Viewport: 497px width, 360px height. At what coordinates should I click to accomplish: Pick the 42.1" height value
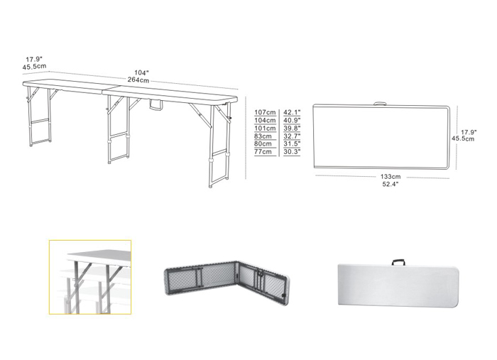tap(292, 112)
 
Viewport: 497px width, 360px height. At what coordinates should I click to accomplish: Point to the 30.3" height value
tap(292, 151)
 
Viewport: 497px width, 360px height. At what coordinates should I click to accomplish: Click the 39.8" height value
tap(292, 128)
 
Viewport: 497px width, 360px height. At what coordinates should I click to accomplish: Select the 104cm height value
tap(264, 120)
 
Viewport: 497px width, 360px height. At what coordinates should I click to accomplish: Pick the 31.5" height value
tap(292, 143)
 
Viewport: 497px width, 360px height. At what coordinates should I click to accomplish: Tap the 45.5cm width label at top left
tap(34, 67)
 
